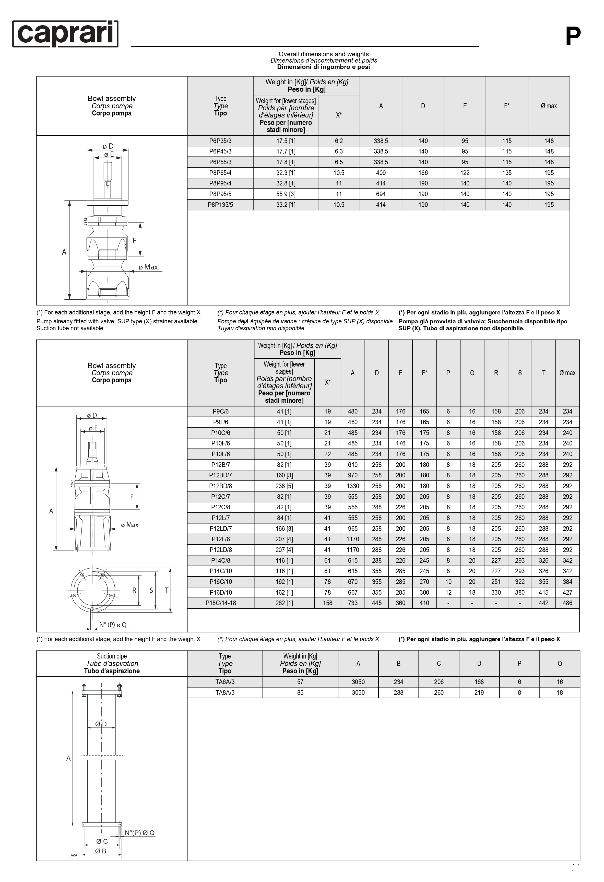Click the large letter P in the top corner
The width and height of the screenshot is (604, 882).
point(573,37)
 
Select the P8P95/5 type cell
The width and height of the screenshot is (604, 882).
point(220,194)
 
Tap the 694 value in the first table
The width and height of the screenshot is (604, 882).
point(381,194)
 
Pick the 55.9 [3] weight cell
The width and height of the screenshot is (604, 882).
point(286,194)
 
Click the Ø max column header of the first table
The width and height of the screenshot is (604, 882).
point(549,106)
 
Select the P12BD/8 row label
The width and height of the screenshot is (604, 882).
point(220,486)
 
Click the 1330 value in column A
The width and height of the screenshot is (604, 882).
point(352,486)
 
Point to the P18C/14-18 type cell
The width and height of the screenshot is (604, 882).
point(220,603)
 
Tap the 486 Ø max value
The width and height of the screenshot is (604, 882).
point(567,603)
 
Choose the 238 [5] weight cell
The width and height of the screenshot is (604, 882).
point(284,486)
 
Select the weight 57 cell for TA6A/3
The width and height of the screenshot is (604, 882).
point(300,681)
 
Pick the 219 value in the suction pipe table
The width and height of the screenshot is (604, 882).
point(479,692)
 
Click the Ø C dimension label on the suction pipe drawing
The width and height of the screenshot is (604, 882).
point(102,841)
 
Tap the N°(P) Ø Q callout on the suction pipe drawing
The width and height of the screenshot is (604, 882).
point(140,833)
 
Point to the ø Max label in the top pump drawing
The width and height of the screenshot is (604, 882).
point(148,267)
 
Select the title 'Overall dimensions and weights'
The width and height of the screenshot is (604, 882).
point(323,54)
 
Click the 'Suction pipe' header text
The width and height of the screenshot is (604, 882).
point(112,656)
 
